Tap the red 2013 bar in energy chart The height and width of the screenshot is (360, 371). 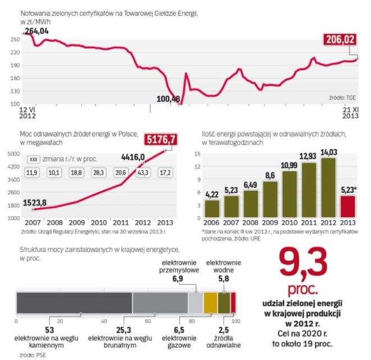pos(349,206)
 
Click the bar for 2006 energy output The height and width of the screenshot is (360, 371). pos(212,208)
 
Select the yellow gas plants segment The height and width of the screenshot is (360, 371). pos(210,302)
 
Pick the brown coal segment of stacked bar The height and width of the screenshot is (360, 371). pos(160,302)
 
